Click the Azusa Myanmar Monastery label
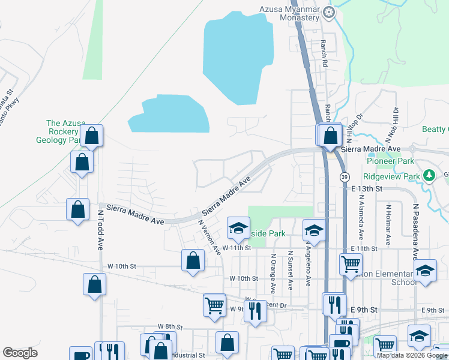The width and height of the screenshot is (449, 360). click(290, 13)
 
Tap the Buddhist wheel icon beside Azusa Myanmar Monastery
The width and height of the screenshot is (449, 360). click(329, 11)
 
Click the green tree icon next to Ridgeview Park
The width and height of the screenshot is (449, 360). click(429, 175)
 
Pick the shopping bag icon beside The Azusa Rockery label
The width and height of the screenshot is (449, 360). click(92, 136)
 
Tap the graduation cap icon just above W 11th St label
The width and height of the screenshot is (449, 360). click(238, 227)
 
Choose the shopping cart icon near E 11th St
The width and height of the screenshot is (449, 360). click(350, 263)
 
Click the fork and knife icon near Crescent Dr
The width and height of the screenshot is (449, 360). click(255, 310)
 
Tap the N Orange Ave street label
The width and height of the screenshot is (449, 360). click(273, 274)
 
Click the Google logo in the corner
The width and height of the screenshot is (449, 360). click(20, 353)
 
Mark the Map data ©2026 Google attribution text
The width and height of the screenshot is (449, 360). click(412, 355)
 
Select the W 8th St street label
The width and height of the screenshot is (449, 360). click(169, 326)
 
